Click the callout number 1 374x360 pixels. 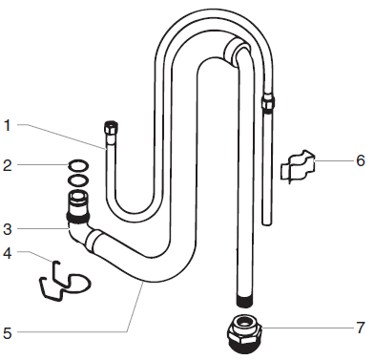tap(7, 124)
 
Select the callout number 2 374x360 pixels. tap(7, 164)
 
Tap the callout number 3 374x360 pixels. tap(7, 228)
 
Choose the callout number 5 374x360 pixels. tap(7, 332)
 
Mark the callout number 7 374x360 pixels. tap(360, 327)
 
